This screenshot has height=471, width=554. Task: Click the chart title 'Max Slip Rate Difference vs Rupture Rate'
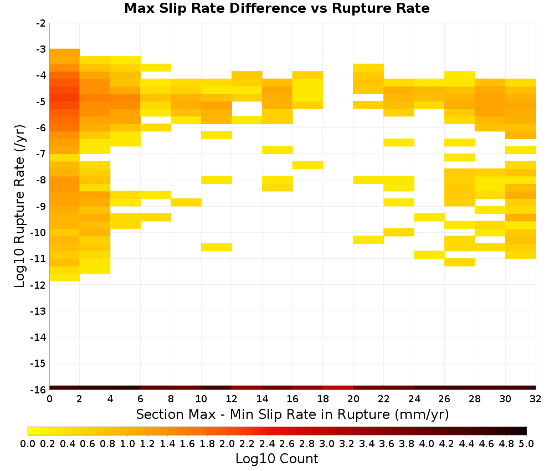pos(276,8)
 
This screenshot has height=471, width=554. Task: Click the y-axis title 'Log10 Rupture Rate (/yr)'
pos(20,206)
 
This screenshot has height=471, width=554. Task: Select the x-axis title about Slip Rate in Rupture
pos(293,414)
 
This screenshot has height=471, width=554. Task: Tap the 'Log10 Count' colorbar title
pos(276,459)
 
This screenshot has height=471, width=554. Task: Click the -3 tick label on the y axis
pos(41,49)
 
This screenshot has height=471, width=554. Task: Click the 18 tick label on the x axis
pos(323,399)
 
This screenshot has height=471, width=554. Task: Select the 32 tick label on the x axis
pos(536,399)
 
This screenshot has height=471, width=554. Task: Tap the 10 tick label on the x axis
pos(202,399)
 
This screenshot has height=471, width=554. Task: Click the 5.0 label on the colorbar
pos(526,443)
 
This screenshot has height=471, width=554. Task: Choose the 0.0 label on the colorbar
pos(28,443)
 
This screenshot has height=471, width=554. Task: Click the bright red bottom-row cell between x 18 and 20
pos(338,388)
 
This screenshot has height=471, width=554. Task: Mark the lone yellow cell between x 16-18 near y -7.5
pos(307,165)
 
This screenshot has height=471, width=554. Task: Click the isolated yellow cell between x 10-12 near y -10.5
pos(217,247)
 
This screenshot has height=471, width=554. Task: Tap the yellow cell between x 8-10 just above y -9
pos(186,202)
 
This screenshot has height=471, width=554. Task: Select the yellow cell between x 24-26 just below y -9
pos(429,217)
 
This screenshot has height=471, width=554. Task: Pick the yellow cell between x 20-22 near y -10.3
pos(368,239)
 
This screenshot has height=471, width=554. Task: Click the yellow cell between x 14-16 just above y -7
pos(278,150)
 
